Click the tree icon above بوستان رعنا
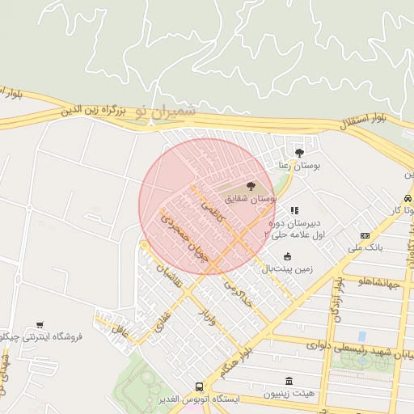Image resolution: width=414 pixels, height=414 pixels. pos(299,152)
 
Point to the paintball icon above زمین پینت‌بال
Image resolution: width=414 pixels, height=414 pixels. pos(286,256)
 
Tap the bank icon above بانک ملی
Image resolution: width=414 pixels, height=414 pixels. pos(365,235)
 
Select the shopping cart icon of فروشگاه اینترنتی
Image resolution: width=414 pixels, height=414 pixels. pos(40,324)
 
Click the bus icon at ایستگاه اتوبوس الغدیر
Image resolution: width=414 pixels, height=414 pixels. pos(200,387)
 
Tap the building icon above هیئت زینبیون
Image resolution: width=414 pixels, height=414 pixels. pos(289,382)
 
